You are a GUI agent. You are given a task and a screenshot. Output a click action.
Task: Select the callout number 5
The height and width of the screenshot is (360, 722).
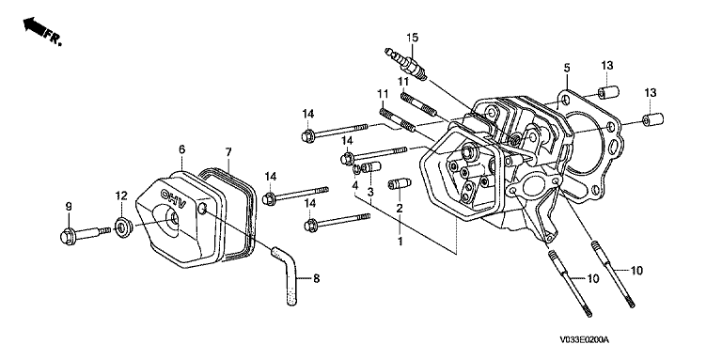pyautogui.click(x=566, y=68)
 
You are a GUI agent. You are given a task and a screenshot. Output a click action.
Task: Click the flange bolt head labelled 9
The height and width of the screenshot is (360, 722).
pyautogui.click(x=68, y=236)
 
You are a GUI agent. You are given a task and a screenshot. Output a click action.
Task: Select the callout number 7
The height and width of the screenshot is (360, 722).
pyautogui.click(x=228, y=152)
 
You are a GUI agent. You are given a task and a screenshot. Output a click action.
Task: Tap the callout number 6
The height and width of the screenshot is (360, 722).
pyautogui.click(x=181, y=149)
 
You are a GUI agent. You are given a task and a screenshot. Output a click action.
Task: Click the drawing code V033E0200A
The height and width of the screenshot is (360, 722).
pyautogui.click(x=585, y=339)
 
